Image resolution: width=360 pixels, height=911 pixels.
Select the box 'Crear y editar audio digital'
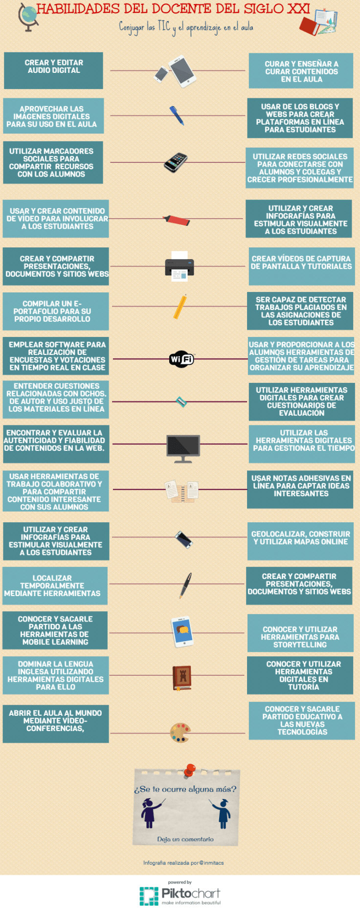click(54, 70)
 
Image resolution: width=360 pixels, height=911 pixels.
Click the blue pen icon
click(177, 116)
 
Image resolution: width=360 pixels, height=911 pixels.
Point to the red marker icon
click(177, 220)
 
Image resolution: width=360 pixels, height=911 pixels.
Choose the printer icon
click(180, 267)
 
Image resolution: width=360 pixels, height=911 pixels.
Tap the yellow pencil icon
click(180, 307)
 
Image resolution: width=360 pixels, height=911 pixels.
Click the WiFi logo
click(181, 359)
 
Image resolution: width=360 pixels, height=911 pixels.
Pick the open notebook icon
click(182, 491)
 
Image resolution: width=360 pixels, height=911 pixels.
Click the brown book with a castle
click(182, 678)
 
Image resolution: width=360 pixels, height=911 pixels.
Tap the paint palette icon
click(180, 733)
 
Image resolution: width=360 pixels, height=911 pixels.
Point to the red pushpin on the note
click(189, 771)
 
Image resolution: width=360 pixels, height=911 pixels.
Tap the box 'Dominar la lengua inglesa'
click(56, 675)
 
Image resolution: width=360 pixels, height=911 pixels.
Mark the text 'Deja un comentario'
click(185, 839)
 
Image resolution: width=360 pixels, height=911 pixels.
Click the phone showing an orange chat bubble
click(182, 632)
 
